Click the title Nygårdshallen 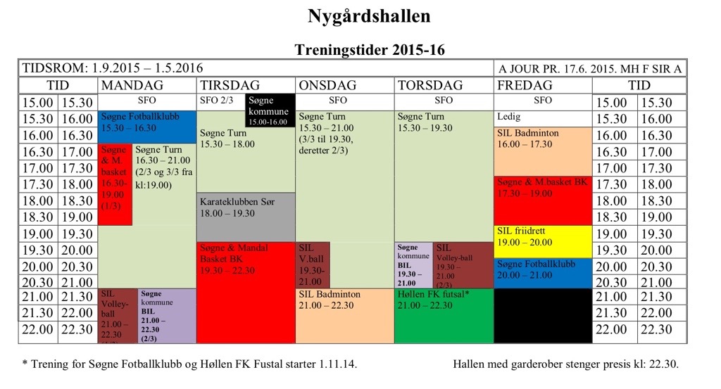pyautogui.click(x=368, y=16)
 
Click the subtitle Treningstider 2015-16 pyautogui.click(x=369, y=50)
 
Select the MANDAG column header pyautogui.click(x=132, y=85)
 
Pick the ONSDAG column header pyautogui.click(x=327, y=85)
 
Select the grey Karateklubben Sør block pyautogui.click(x=245, y=217)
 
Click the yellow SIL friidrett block pyautogui.click(x=542, y=241)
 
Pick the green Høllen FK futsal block pyautogui.click(x=444, y=315)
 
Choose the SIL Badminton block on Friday pyautogui.click(x=542, y=151)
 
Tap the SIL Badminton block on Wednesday pyautogui.click(x=344, y=315)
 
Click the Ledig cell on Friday pyautogui.click(x=542, y=117)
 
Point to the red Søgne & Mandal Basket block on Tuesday pyautogui.click(x=245, y=292)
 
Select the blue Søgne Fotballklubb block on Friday pyautogui.click(x=542, y=273)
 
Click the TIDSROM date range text pyautogui.click(x=113, y=68)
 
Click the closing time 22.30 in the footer pyautogui.click(x=663, y=365)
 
